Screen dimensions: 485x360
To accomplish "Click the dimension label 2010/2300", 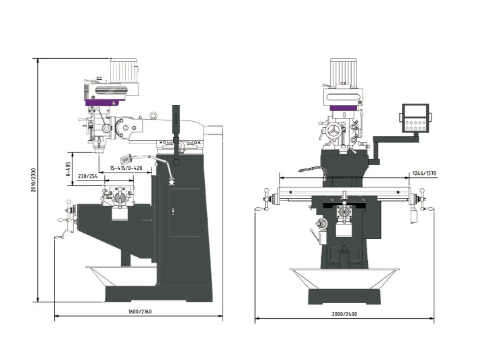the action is click(33, 180).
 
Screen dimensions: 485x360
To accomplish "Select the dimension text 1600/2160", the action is click(140, 311).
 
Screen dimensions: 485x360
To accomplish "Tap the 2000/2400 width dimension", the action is click(344, 314).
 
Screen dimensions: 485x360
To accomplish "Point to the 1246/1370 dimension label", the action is click(424, 173).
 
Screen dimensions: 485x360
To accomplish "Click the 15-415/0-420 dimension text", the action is click(126, 168).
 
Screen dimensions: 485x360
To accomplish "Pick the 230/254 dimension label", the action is click(87, 176).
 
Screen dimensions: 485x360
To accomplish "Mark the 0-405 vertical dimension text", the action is click(68, 169).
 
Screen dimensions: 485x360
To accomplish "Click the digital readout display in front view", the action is click(415, 118).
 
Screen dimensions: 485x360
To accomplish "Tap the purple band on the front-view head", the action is click(344, 108).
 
